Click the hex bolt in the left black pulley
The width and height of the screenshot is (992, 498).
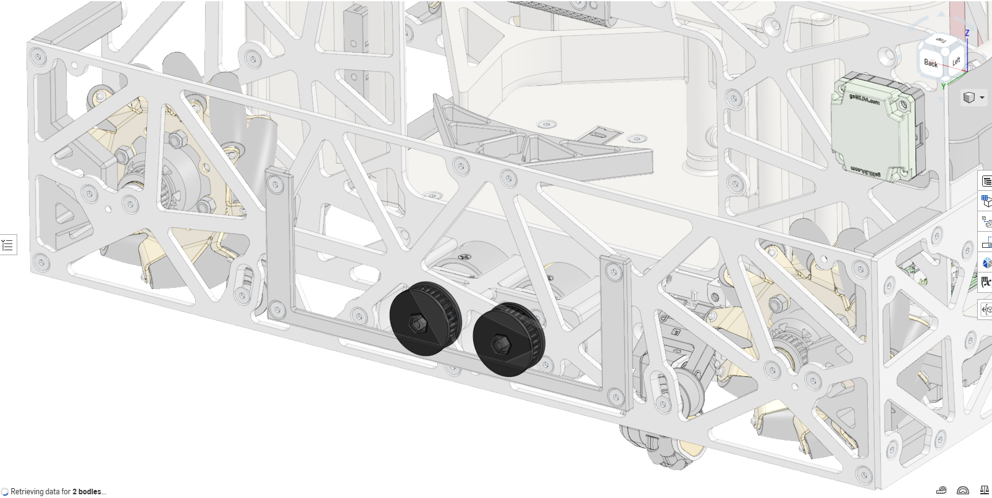click(417, 322)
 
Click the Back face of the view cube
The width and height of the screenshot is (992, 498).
click(931, 62)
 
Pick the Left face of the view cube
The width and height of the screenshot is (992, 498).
click(956, 61)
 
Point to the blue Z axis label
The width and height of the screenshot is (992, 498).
click(967, 33)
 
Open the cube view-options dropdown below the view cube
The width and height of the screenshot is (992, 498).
click(974, 98)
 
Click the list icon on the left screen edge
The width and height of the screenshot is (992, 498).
click(7, 245)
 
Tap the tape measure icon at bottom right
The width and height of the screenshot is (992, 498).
click(941, 491)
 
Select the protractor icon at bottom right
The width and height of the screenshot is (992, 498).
click(962, 491)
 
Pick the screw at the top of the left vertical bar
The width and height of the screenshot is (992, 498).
click(276, 183)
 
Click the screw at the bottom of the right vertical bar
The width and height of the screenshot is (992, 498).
click(616, 394)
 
